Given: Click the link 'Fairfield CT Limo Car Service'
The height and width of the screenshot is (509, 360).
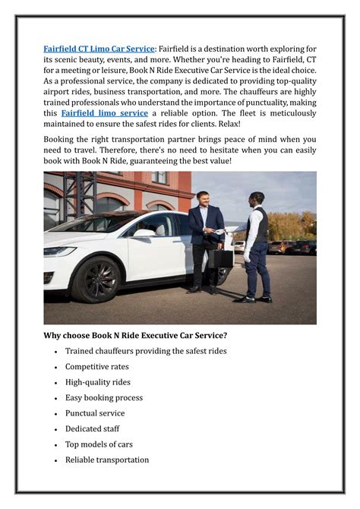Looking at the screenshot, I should (x=99, y=49).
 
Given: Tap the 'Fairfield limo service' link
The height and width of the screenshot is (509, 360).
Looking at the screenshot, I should (x=104, y=112).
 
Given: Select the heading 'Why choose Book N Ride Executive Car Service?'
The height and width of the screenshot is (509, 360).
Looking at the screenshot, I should (x=145, y=335).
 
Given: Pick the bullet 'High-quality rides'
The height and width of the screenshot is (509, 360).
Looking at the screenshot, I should (x=98, y=382).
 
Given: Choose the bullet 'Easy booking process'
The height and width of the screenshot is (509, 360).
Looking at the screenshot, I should (x=104, y=398).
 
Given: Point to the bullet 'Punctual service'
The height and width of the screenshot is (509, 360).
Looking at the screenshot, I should (x=95, y=413).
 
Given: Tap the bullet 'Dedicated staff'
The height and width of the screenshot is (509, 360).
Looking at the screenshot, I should (x=93, y=429).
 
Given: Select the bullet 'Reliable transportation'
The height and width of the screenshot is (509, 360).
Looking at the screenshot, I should (x=107, y=460).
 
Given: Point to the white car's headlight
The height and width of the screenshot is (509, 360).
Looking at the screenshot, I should (x=59, y=251).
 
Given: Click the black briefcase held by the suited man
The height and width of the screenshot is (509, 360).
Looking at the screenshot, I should (x=221, y=258).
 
